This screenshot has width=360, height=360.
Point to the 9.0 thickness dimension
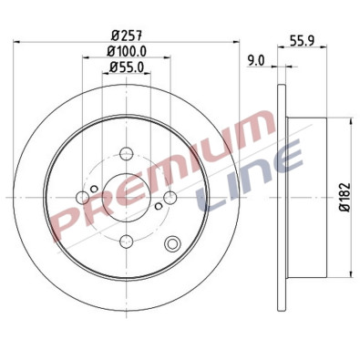(x=256, y=60)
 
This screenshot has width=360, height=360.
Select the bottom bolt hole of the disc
(x=128, y=240)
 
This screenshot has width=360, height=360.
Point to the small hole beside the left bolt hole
(x=94, y=183)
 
